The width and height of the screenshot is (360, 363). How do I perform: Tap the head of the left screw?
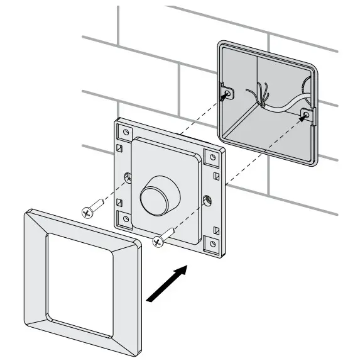click(86, 213)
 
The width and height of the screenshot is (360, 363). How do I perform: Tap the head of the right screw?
click(157, 239)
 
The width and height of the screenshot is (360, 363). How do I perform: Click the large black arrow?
click(166, 283)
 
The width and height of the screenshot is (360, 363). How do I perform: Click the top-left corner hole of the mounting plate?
click(126, 133)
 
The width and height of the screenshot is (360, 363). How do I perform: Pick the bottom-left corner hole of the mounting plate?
click(126, 218)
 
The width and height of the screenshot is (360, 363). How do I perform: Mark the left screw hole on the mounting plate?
click(128, 178)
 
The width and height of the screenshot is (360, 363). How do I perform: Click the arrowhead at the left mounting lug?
click(225, 96)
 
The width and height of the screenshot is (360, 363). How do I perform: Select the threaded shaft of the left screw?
click(97, 207)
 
